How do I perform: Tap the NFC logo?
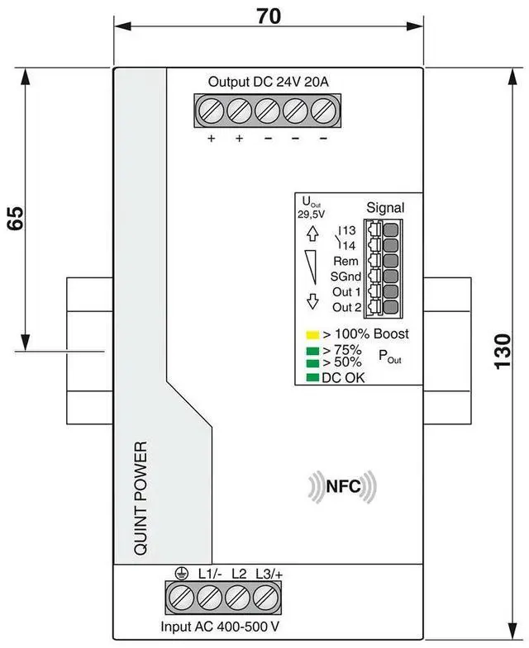pos(343,487)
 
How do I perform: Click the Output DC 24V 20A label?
pos(267,82)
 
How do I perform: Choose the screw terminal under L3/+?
pos(264,596)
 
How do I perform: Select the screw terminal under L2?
pos(236,596)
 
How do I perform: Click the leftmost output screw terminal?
pos(212,109)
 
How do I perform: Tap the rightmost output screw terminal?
pos(322,109)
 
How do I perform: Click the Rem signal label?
pos(346,261)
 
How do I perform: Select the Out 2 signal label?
pos(346,307)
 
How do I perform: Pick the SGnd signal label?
pos(344,277)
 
